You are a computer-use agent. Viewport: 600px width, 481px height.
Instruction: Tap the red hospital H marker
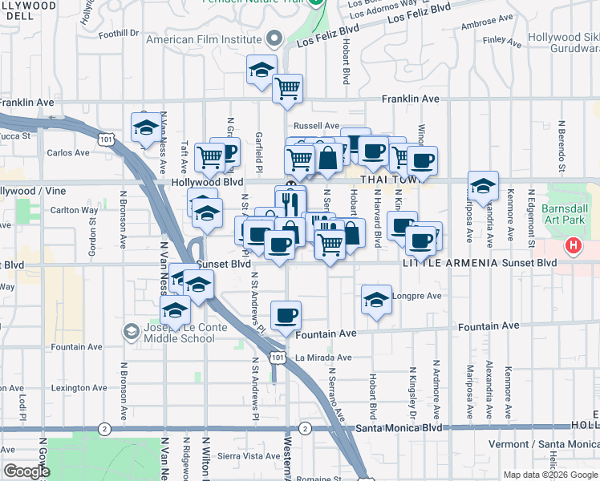tap(574, 246)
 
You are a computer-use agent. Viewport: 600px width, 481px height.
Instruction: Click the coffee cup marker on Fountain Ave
tap(286, 315)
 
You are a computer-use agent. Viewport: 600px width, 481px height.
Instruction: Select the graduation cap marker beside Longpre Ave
tap(376, 299)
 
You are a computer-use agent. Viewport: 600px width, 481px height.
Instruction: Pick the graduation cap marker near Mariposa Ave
tap(483, 186)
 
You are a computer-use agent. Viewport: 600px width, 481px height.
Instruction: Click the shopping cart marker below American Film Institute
tap(287, 88)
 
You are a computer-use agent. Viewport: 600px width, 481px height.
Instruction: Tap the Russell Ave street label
tap(316, 126)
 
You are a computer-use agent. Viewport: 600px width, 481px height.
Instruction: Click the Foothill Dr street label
tap(119, 34)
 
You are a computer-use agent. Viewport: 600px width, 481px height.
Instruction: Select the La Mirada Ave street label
tap(323, 358)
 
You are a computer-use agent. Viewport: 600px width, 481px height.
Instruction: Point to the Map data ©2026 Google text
tap(549, 475)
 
